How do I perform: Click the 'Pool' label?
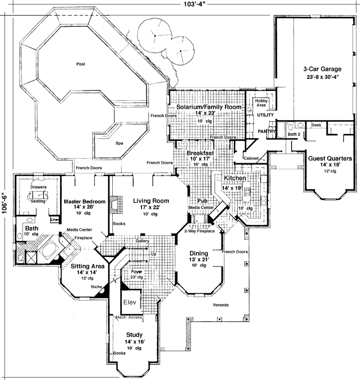(x=80, y=64)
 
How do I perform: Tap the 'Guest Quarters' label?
(x=330, y=159)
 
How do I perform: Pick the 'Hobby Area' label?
(x=262, y=103)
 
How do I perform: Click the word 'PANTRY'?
(x=267, y=131)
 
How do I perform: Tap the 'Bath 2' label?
(x=294, y=134)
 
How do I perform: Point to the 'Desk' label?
(x=316, y=125)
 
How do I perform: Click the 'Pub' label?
(x=202, y=201)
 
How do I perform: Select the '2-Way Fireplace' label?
(x=199, y=231)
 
